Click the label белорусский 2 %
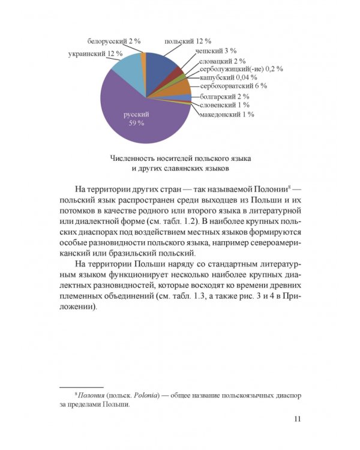[x=114, y=41]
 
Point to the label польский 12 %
[x=188, y=41]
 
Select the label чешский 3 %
[x=215, y=51]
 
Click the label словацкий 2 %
[x=223, y=61]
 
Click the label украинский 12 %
[x=95, y=53]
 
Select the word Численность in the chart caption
[x=133, y=158]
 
